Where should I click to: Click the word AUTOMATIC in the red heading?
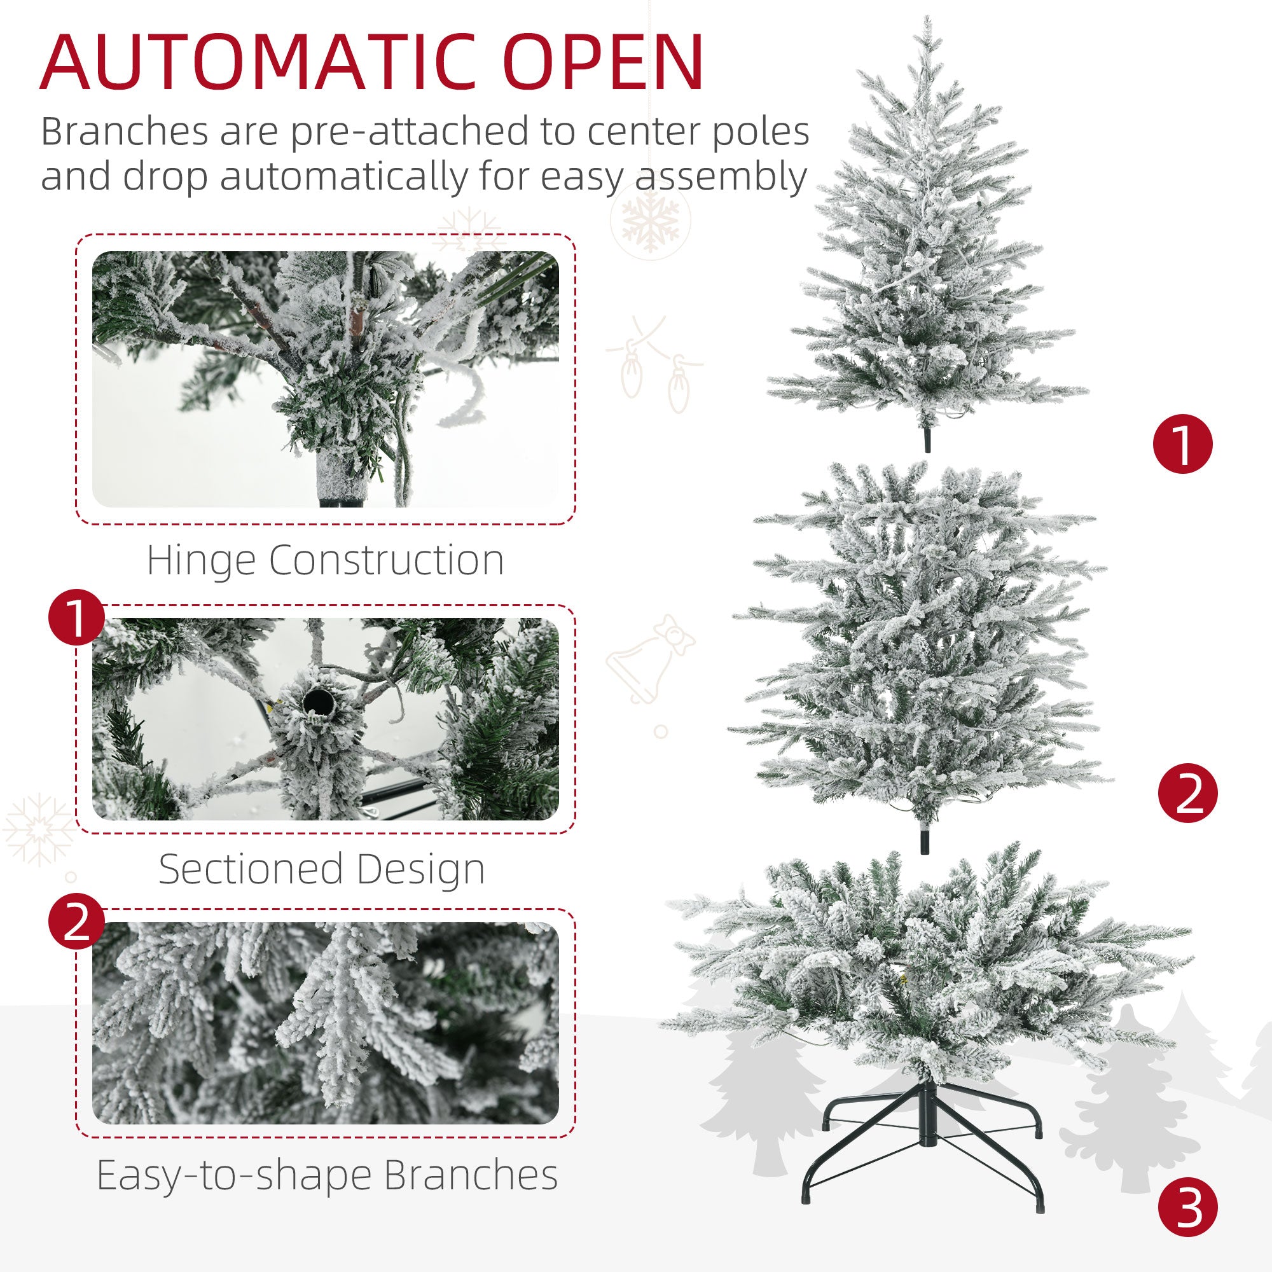pos(258,64)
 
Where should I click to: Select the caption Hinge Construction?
pos(325,560)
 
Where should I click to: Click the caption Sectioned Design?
pos(322,869)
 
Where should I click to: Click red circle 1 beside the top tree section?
pos(1182,444)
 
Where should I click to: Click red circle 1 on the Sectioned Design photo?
pos(77,617)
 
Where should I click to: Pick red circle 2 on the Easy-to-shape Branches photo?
pos(77,922)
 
